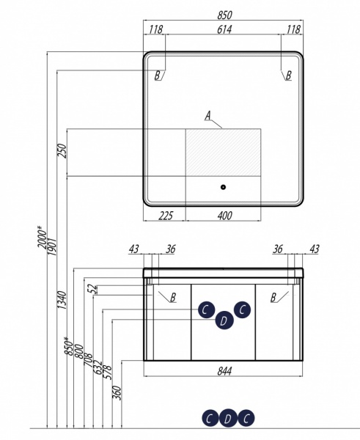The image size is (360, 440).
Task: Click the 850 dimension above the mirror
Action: pyautogui.click(x=225, y=15)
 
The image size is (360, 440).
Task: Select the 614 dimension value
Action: pyautogui.click(x=224, y=29)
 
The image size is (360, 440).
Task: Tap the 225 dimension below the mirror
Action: pyautogui.click(x=166, y=216)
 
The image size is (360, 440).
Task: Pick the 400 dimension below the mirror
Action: pyautogui.click(x=225, y=216)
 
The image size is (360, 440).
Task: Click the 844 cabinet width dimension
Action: pyautogui.click(x=224, y=371)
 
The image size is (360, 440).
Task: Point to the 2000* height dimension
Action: pyautogui.click(x=43, y=237)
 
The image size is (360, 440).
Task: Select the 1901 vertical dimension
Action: pyautogui.click(x=53, y=246)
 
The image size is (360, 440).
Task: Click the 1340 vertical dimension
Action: pyautogui.click(x=62, y=300)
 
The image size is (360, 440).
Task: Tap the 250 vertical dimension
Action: pyautogui.click(x=62, y=151)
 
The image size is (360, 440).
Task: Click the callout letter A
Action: pyautogui.click(x=208, y=115)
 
